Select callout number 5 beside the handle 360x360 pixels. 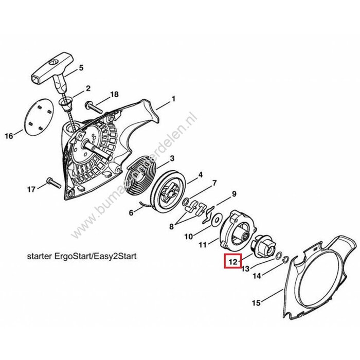tap(80, 68)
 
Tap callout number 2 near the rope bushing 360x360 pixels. tap(88, 88)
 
